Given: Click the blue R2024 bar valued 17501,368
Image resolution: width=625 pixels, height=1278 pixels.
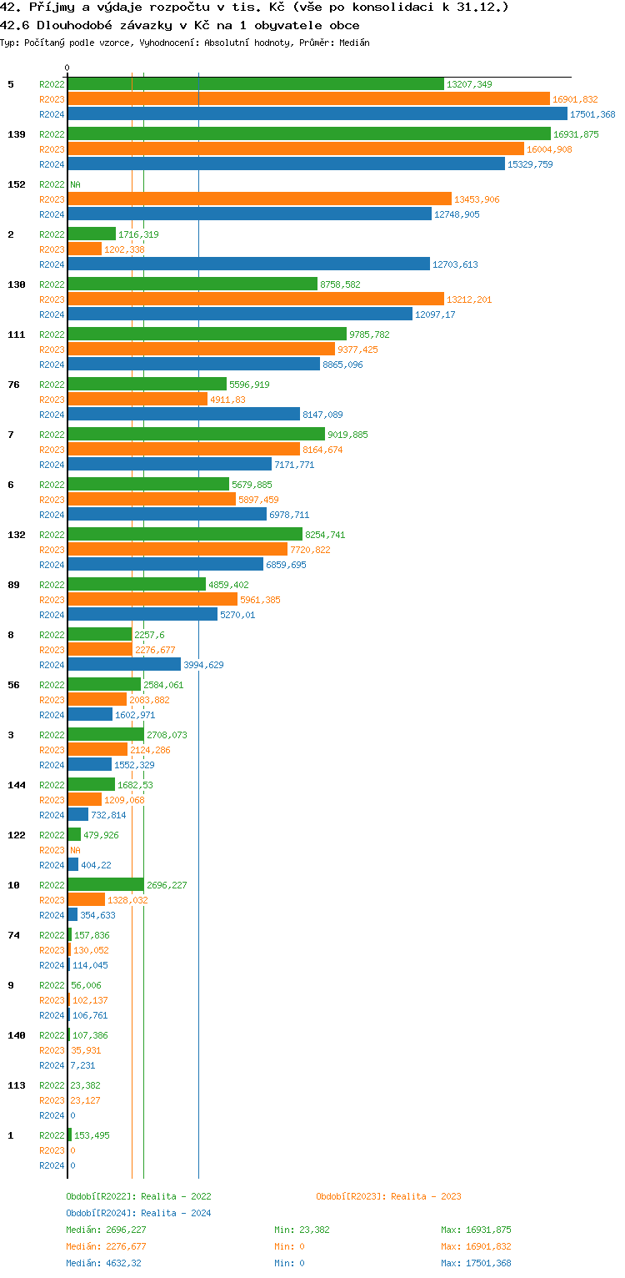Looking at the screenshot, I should (317, 114).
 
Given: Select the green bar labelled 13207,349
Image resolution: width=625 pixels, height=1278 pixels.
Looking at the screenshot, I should (255, 84).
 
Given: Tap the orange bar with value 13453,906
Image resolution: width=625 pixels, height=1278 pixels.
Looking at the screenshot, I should (259, 199).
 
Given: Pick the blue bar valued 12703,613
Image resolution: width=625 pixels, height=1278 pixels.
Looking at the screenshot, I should (248, 264).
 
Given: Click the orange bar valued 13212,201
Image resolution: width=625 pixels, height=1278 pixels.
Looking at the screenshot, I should (255, 299).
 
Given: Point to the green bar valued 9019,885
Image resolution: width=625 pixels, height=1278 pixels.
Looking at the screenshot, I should (196, 435).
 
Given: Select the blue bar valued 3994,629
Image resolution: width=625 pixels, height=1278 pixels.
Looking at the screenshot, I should (124, 665).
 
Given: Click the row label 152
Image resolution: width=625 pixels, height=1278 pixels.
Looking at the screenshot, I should (16, 184).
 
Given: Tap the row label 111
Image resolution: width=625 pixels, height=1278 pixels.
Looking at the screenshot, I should (16, 335).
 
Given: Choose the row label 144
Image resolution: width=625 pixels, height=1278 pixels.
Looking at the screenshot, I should (16, 785).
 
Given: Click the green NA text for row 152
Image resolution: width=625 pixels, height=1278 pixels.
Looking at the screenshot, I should (75, 184).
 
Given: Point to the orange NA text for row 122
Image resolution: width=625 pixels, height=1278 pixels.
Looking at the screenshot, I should (75, 850).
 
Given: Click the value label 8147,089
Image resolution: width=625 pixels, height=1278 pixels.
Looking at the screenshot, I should (322, 415).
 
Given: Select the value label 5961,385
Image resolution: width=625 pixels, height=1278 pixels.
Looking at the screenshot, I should (260, 600).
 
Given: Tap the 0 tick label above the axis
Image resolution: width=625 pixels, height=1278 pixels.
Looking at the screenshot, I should (67, 68).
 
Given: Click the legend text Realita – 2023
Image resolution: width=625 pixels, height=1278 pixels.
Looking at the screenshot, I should (425, 1196).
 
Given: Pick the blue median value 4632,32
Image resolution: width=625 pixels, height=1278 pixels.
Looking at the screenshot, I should (128, 1263).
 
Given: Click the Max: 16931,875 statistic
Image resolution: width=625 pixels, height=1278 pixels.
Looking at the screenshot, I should (476, 1230).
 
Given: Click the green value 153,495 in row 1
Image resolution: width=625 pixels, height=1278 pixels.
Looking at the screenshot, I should (92, 1135).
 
